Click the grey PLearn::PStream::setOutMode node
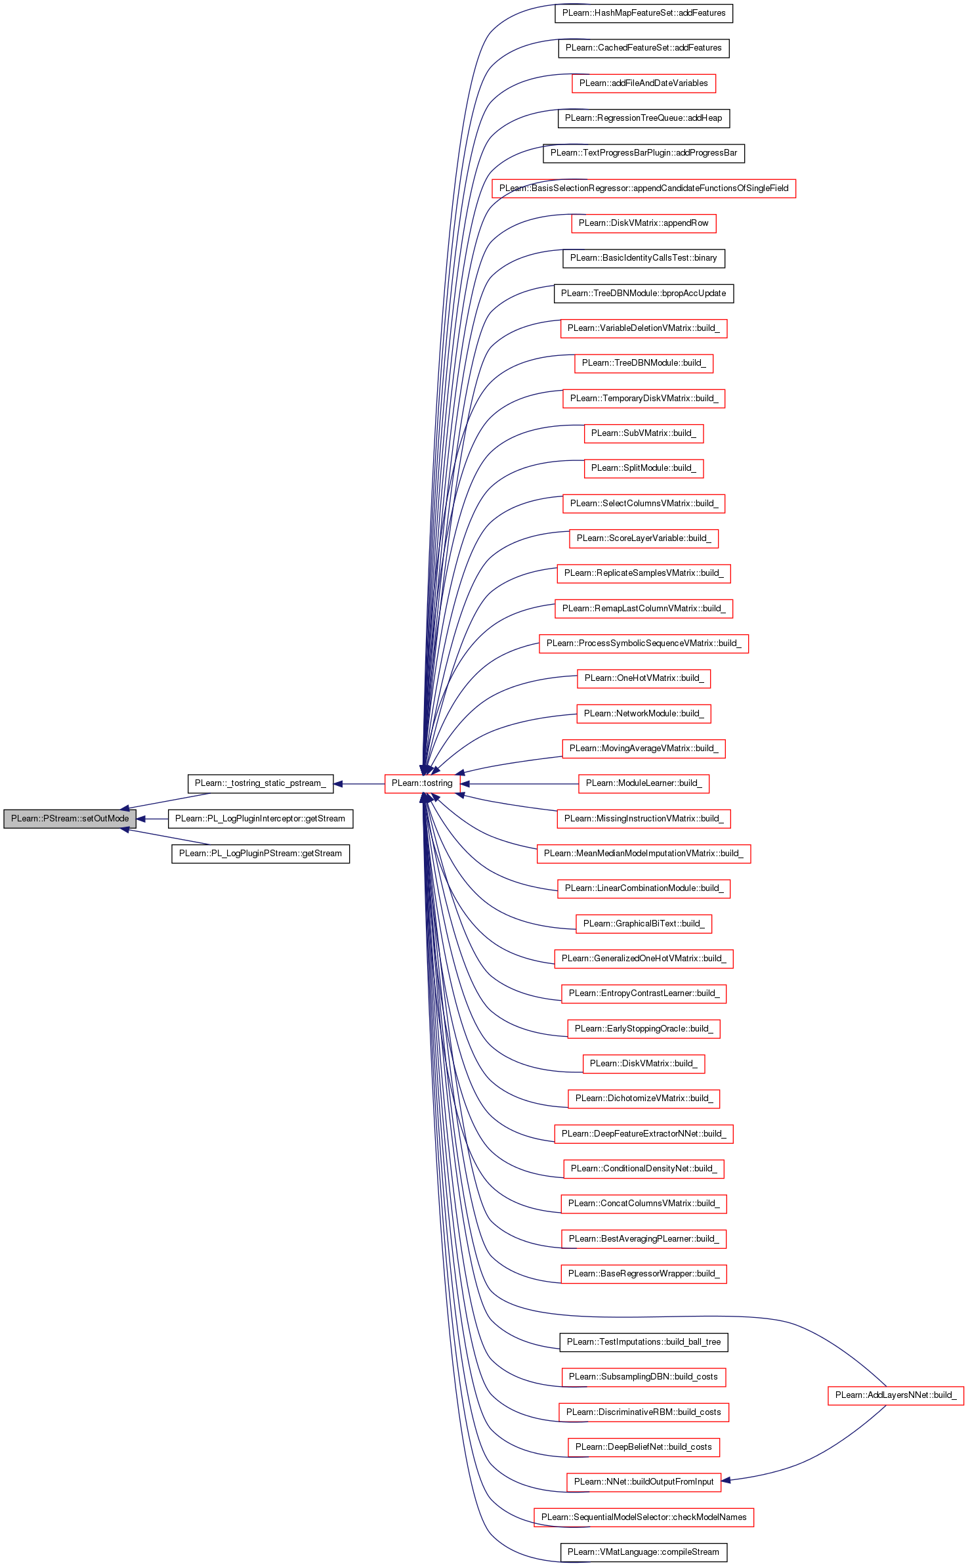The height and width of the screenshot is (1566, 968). [70, 819]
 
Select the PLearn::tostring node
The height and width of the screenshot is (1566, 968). [422, 783]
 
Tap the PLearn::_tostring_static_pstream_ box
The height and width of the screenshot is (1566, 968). [261, 783]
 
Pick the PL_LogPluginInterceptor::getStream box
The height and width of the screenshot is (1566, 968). [261, 819]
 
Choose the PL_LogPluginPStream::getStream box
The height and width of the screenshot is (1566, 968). [261, 854]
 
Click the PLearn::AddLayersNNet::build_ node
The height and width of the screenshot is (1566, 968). [896, 1395]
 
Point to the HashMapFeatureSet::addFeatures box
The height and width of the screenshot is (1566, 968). [644, 13]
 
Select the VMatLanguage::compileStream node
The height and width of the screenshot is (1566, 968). [644, 1552]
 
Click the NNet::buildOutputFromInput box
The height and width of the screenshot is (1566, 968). [644, 1482]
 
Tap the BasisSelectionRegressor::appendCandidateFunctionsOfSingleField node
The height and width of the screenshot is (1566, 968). [644, 188]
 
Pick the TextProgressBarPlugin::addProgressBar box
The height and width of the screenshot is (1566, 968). [644, 153]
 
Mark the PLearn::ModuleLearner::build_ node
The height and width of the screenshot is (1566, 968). [644, 783]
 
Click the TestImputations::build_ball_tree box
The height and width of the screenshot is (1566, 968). [644, 1342]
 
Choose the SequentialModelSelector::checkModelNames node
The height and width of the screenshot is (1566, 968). [644, 1517]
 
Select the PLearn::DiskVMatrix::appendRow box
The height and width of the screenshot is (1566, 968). [644, 223]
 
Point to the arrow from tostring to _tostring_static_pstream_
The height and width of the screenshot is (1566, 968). [359, 783]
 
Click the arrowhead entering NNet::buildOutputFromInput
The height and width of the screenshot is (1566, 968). [726, 1481]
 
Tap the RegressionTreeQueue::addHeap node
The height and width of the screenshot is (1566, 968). [644, 118]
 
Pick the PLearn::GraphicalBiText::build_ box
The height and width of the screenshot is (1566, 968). [644, 924]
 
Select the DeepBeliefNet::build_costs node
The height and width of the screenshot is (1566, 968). [644, 1447]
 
